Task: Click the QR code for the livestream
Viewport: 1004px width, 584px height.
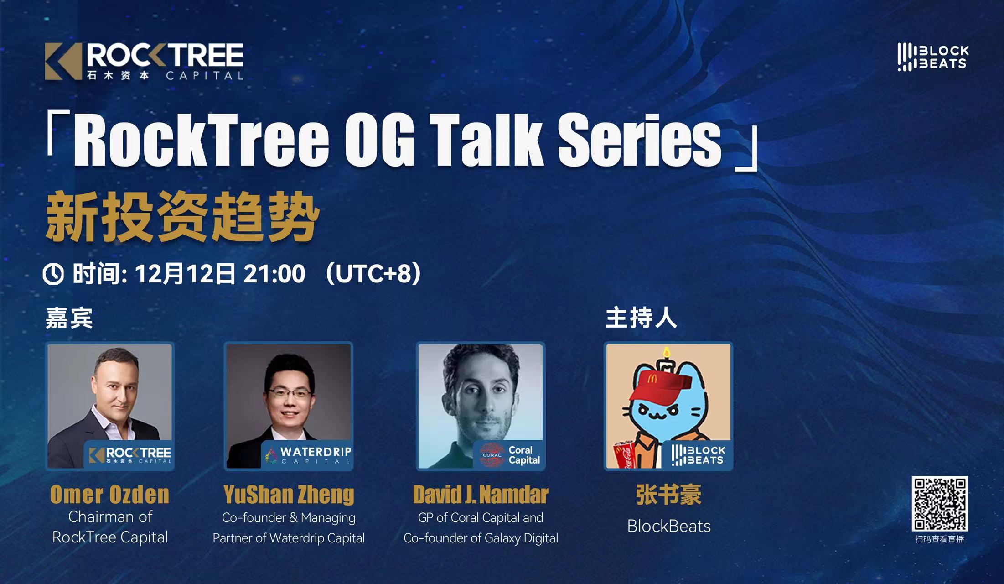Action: pyautogui.click(x=940, y=503)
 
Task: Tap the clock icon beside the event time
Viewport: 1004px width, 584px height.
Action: pyautogui.click(x=53, y=274)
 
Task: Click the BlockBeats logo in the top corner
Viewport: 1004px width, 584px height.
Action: pyautogui.click(x=933, y=57)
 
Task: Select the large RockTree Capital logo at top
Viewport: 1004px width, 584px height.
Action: pyautogui.click(x=144, y=62)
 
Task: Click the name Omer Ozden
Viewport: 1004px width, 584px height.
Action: pyautogui.click(x=110, y=495)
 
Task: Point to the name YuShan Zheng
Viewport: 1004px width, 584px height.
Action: pyautogui.click(x=289, y=495)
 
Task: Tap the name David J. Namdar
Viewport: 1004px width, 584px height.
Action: pyautogui.click(x=481, y=495)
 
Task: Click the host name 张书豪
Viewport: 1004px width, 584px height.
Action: pyautogui.click(x=669, y=495)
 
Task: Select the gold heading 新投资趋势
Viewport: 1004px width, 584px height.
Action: pyautogui.click(x=182, y=218)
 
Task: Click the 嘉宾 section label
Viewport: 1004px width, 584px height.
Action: pyautogui.click(x=69, y=318)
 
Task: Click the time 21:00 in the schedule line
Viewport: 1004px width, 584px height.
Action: pyautogui.click(x=274, y=274)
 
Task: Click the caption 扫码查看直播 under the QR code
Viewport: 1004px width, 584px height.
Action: pyautogui.click(x=940, y=539)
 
